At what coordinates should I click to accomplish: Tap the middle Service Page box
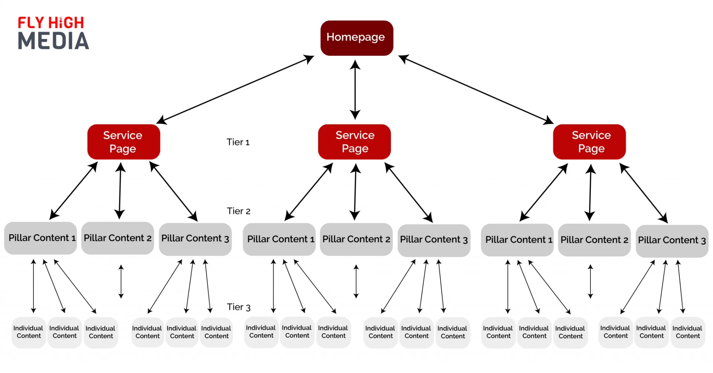tap(354, 142)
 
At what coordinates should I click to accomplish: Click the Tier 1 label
tap(238, 142)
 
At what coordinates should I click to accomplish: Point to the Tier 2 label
tap(238, 211)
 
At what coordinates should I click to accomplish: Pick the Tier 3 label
tap(238, 307)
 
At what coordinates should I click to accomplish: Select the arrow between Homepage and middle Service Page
tap(355, 89)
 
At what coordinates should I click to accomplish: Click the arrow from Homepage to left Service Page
tap(235, 89)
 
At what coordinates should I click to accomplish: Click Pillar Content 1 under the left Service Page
tap(41, 238)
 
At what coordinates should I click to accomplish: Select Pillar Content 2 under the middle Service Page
tap(356, 239)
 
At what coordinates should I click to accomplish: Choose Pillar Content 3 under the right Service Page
tap(671, 241)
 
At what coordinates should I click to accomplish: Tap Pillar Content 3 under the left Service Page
tap(195, 239)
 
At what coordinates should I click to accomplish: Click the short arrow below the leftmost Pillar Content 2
tap(121, 282)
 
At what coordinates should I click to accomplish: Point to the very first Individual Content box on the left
tap(28, 332)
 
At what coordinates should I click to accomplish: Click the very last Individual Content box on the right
tap(687, 332)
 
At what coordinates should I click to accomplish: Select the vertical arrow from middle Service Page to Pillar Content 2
tap(355, 192)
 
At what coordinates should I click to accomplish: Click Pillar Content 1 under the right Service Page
tap(517, 240)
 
